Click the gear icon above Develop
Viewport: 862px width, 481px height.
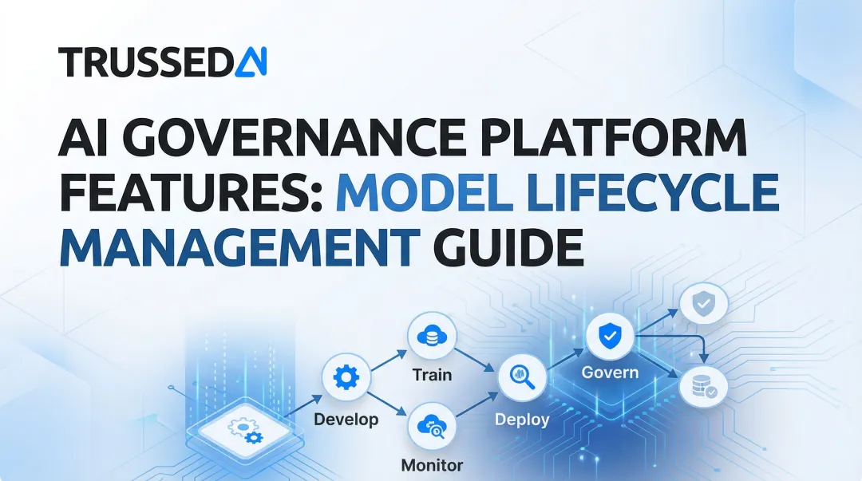coord(346,377)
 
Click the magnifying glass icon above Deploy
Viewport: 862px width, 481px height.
coord(522,377)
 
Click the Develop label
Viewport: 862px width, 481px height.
coord(346,419)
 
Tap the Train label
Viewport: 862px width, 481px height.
coord(432,375)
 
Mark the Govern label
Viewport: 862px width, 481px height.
coord(610,373)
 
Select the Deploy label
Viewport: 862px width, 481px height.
coord(522,419)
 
